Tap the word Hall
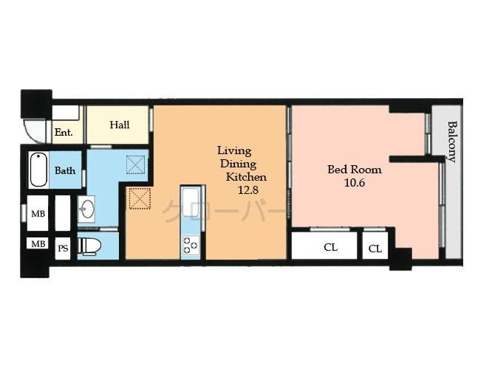coord(120,125)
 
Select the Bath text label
coord(65,170)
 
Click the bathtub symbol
coord(38,170)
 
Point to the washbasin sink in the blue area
coord(86,209)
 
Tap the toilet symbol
coord(89,246)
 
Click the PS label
coord(63,249)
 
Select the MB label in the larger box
coord(38,214)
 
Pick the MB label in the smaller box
coord(38,243)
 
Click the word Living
coord(234,150)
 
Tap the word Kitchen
coord(246,177)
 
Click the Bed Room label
coord(355,170)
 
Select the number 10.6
coord(355,183)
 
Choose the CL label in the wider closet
coord(330,247)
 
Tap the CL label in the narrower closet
coord(375,249)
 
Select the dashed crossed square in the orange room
coord(140,198)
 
